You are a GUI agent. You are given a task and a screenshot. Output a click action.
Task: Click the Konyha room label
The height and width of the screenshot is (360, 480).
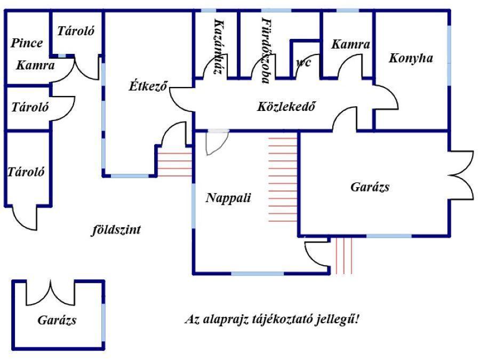tap(410, 58)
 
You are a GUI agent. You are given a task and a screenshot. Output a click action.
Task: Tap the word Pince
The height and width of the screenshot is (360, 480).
tap(27, 43)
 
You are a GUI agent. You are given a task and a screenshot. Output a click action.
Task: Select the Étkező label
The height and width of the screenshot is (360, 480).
tap(149, 85)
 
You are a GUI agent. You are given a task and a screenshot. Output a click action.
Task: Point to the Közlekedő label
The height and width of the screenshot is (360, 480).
tap(287, 106)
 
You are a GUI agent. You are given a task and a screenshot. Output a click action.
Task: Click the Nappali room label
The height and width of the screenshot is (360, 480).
tap(228, 198)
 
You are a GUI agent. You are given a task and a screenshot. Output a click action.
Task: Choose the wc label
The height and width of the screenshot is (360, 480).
tap(303, 62)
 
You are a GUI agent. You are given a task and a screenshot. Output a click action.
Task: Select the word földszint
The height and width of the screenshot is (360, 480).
tap(116, 230)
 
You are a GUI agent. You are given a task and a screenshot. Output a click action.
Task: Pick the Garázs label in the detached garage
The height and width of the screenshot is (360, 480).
tap(57, 320)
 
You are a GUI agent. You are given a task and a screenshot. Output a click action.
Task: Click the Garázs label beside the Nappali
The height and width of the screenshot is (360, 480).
tap(370, 187)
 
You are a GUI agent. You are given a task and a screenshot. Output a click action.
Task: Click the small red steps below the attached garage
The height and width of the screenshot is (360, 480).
tap(344, 255)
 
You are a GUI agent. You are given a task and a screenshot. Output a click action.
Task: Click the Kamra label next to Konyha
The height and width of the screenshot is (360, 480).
tap(350, 45)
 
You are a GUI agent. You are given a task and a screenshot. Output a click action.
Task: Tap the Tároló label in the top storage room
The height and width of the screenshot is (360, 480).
tap(76, 31)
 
